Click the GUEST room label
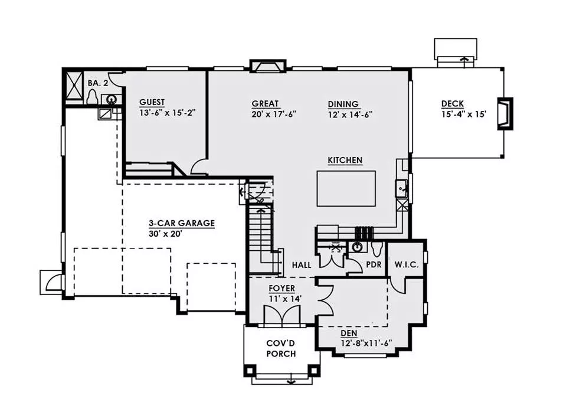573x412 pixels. click(x=152, y=102)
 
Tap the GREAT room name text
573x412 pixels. click(x=266, y=104)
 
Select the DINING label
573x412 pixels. click(x=343, y=104)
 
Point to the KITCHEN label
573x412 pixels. click(x=345, y=160)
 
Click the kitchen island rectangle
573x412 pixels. click(x=346, y=188)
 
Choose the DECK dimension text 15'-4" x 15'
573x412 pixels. click(x=464, y=114)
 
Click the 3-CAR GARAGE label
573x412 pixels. click(x=182, y=223)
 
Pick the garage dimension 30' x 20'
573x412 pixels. click(x=165, y=234)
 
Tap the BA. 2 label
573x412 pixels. click(x=98, y=83)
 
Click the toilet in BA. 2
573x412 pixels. click(x=92, y=97)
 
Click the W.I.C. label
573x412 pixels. click(x=407, y=264)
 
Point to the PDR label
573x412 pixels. click(x=374, y=264)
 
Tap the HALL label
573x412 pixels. click(x=302, y=265)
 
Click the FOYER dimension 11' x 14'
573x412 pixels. click(x=285, y=299)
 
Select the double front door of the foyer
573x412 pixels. click(x=281, y=315)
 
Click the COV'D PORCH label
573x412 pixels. click(x=281, y=348)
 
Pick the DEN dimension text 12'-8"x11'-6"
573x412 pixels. click(x=366, y=344)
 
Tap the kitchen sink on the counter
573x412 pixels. click(x=401, y=189)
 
